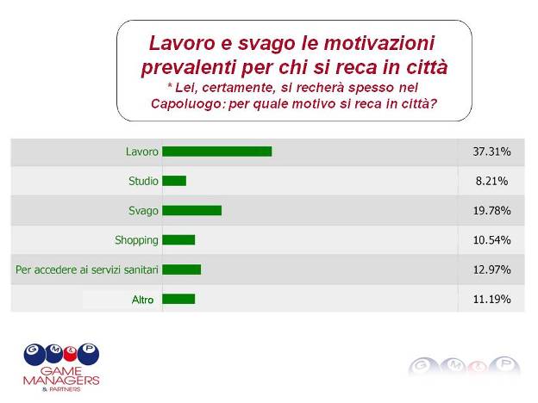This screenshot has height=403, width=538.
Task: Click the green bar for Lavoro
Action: pos(217,152)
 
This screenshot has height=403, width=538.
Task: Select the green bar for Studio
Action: pos(174,181)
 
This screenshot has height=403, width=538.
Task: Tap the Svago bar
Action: pos(191,210)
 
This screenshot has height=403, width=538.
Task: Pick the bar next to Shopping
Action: pos(178,240)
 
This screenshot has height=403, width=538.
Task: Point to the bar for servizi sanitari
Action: pos(182,270)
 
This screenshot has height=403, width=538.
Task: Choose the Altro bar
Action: pos(178,299)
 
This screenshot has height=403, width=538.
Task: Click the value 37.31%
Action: pos(491,152)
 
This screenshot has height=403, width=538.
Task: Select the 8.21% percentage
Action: pos(491,181)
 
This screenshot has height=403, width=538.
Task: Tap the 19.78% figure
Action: pos(491,210)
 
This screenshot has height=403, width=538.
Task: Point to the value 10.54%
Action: pos(491,240)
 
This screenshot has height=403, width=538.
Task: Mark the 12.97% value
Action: pos(491,270)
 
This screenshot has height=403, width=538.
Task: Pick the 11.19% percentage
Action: pos(491,299)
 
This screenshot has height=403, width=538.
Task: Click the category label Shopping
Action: pos(136,240)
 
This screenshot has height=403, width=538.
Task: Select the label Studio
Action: pos(143,181)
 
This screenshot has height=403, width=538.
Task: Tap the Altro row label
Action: pos(143,300)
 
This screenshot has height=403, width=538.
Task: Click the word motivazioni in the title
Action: pos(379,43)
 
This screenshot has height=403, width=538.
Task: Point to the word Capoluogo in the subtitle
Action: pos(188,104)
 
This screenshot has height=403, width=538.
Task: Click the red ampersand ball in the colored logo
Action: pos(71,355)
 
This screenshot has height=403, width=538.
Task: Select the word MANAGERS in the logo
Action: pos(61,381)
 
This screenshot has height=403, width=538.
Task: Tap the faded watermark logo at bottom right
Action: pos(464,366)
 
